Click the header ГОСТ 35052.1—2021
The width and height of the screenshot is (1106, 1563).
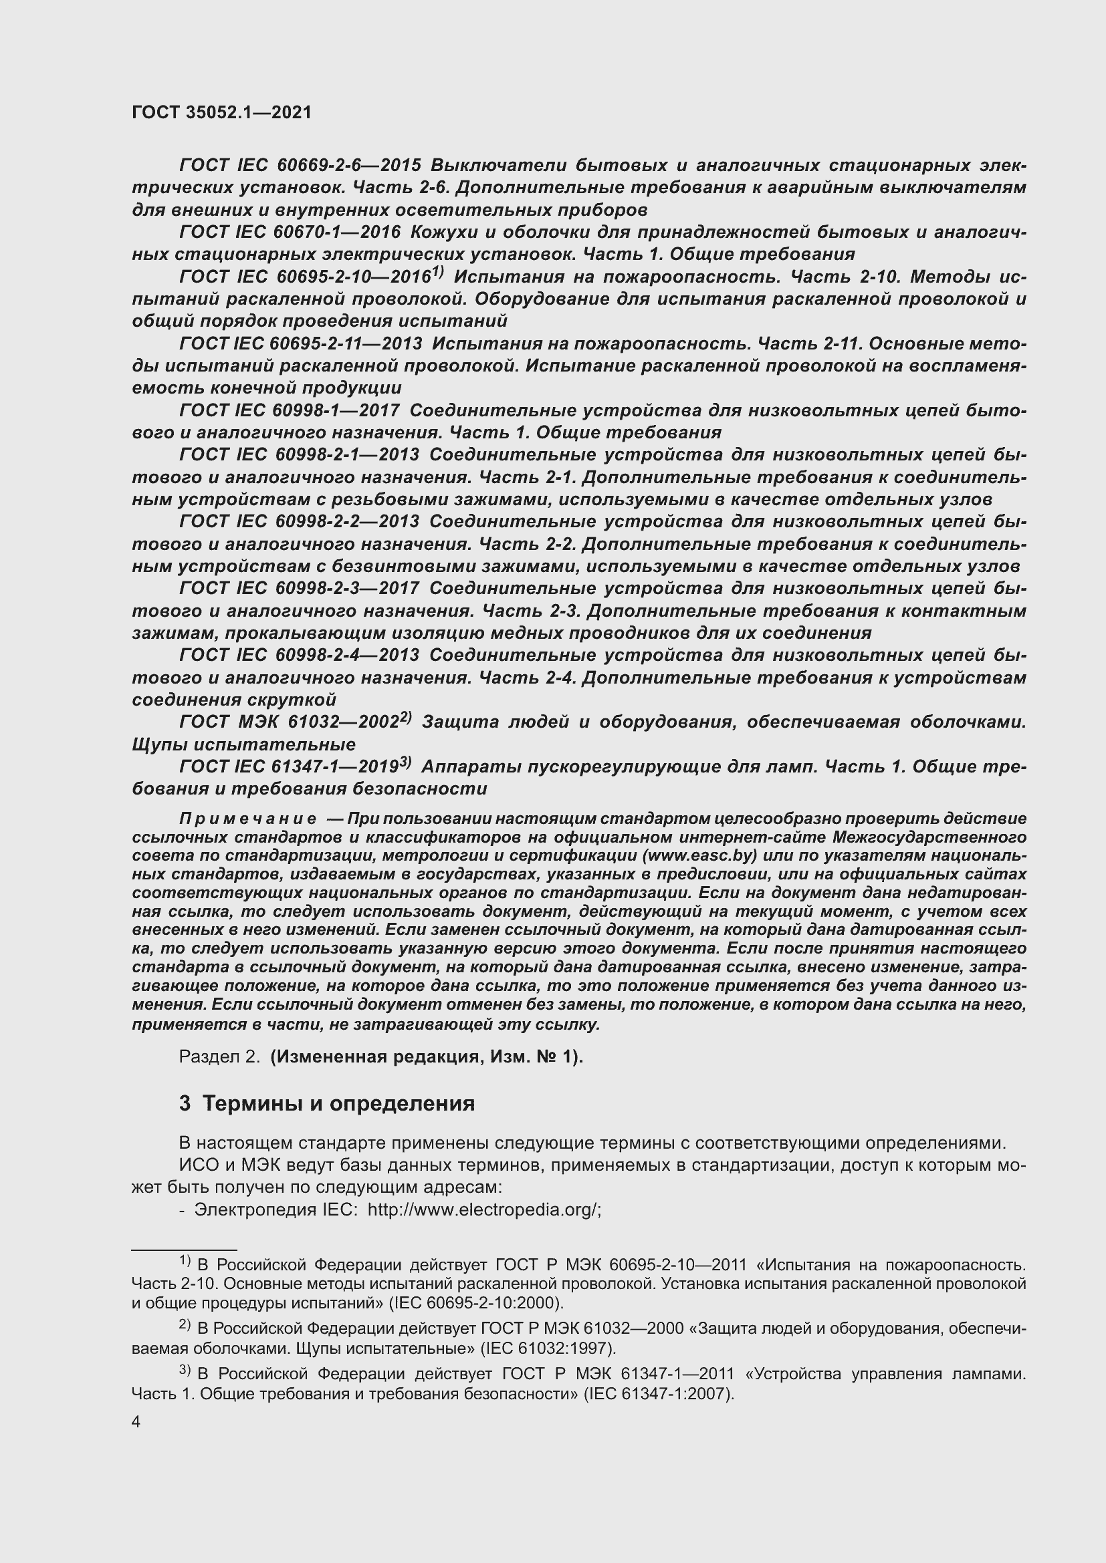click(221, 112)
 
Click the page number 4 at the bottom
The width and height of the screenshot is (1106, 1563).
click(136, 1421)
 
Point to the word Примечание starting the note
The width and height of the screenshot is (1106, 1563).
click(247, 819)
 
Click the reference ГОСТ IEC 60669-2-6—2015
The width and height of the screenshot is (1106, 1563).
click(300, 166)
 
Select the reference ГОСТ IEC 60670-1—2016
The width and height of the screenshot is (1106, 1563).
click(290, 233)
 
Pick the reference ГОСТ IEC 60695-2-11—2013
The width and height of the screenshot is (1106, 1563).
click(300, 343)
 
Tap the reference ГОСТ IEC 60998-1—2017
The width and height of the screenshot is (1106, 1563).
click(290, 410)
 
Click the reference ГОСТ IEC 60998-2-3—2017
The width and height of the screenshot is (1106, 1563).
click(299, 588)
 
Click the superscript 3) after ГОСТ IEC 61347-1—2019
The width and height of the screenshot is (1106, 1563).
click(405, 762)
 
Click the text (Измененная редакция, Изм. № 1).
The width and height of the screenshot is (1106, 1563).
click(427, 1056)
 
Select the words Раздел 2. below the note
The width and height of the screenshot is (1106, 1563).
click(219, 1056)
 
